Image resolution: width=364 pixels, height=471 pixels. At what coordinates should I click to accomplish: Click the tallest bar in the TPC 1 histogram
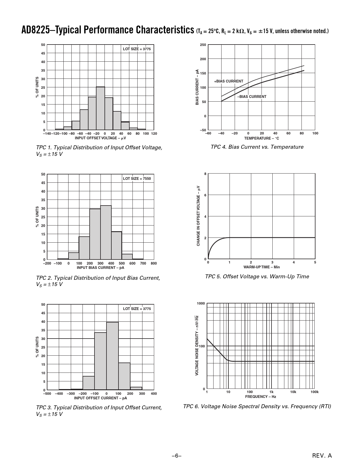(x=100, y=108)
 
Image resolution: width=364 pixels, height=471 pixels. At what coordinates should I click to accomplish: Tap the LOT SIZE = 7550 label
(x=137, y=179)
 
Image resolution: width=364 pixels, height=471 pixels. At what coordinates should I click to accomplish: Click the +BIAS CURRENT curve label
(x=229, y=81)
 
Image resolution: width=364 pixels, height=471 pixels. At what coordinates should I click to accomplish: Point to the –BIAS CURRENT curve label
(x=252, y=97)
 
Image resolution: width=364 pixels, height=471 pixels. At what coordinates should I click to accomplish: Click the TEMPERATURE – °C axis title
(x=262, y=138)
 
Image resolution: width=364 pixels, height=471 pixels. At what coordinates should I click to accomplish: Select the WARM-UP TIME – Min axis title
(x=262, y=267)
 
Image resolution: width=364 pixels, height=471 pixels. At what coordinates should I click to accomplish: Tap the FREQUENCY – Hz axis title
(x=260, y=396)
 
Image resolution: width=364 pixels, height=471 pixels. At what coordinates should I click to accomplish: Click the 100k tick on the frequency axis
(x=314, y=392)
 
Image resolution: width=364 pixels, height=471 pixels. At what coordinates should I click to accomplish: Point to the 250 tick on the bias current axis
(x=203, y=45)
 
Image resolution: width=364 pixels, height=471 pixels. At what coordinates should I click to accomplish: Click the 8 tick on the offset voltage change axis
(x=205, y=174)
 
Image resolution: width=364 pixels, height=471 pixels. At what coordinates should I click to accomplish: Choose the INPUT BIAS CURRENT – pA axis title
(x=100, y=268)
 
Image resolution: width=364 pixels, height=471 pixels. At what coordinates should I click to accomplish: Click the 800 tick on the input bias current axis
(x=154, y=263)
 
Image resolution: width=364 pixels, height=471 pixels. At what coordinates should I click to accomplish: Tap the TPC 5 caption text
(x=257, y=277)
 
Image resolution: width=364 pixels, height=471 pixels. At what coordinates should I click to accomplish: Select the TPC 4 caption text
(x=257, y=147)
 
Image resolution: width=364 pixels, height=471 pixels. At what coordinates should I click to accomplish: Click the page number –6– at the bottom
(x=176, y=456)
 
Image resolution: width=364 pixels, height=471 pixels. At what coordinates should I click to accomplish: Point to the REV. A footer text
(x=322, y=456)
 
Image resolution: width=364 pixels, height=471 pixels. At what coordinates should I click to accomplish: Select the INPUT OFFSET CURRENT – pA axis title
(x=100, y=398)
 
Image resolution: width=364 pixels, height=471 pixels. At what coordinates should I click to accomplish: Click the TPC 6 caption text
(x=257, y=406)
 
